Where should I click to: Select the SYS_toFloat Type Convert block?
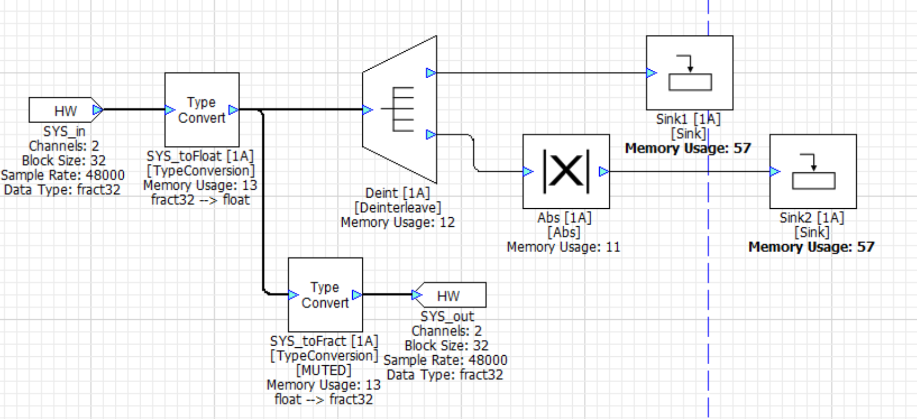[202, 110]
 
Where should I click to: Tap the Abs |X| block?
[566, 171]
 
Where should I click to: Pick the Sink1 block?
[689, 73]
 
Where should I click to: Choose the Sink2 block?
[813, 171]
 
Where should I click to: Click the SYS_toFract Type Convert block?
[325, 294]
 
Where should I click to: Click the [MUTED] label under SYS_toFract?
[324, 370]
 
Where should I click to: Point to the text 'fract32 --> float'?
[200, 200]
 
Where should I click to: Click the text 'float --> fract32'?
[324, 400]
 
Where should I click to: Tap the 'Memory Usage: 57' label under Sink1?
[688, 148]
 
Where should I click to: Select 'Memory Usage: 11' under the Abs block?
[563, 247]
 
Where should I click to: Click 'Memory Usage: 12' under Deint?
[398, 222]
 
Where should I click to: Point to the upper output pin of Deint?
[431, 73]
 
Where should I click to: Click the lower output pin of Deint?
[431, 135]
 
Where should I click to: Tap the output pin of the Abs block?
[604, 171]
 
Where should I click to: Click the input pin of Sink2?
[775, 171]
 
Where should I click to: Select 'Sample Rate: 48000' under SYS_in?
[63, 175]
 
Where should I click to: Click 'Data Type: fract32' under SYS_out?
[445, 375]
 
